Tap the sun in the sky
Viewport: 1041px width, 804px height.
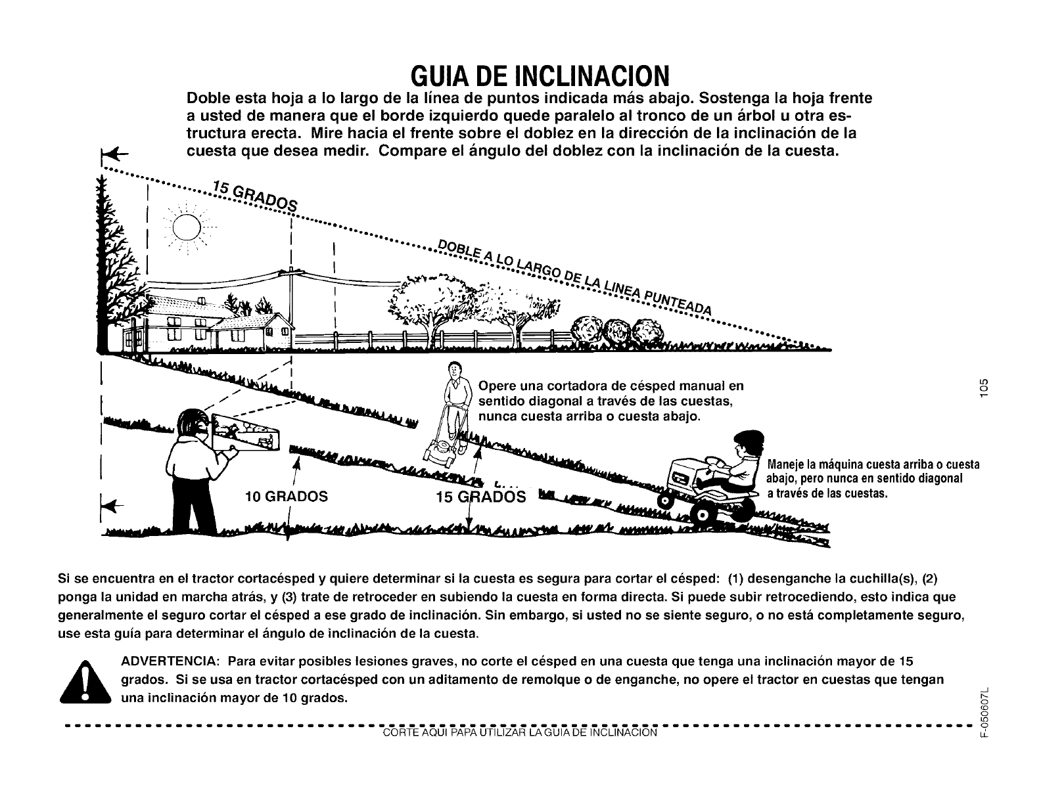tap(185, 229)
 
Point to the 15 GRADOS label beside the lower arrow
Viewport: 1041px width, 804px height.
tap(480, 497)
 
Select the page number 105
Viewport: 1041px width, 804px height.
tap(983, 388)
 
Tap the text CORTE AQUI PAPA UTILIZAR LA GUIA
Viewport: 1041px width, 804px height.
tap(519, 732)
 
